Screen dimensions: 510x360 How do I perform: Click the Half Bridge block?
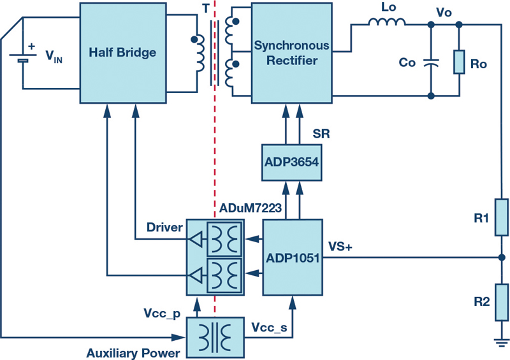123,53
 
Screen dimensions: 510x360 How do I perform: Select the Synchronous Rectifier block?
292,53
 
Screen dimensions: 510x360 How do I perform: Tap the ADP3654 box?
292,162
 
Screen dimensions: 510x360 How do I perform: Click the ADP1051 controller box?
293,257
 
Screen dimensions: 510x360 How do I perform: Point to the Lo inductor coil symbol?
387,22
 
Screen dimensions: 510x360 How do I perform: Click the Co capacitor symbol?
431,63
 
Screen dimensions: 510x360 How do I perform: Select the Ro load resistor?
459,62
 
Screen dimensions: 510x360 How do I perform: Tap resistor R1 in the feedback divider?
502,217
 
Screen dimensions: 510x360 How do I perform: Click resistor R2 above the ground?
502,303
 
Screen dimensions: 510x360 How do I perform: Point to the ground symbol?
502,343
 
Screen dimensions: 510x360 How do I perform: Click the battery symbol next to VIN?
23,58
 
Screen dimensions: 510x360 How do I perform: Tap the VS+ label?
340,247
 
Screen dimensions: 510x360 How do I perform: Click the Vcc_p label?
162,313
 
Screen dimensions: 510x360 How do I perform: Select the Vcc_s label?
269,328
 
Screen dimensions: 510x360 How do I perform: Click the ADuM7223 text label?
250,208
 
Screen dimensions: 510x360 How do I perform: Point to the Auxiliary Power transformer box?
215,338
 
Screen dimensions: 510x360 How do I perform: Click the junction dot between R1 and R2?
502,257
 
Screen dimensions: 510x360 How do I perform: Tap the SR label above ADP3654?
321,134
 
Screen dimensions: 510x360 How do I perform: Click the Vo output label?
444,12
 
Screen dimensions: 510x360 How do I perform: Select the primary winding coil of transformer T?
199,54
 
